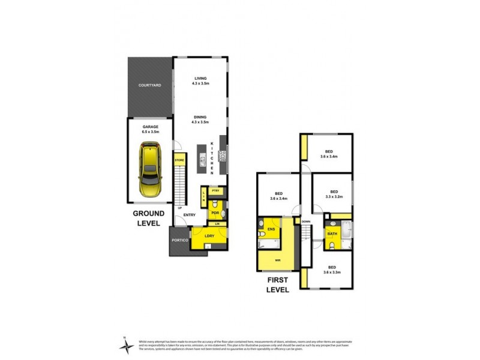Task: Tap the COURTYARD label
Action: tap(150, 86)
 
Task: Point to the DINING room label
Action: tap(200, 120)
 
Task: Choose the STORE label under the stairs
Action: tap(179, 161)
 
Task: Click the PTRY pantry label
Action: tap(215, 190)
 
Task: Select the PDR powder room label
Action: tap(214, 212)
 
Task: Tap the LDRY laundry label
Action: tap(210, 235)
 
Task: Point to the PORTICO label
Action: tap(181, 241)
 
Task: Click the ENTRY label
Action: tap(190, 215)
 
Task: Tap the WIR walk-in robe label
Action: tap(277, 261)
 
